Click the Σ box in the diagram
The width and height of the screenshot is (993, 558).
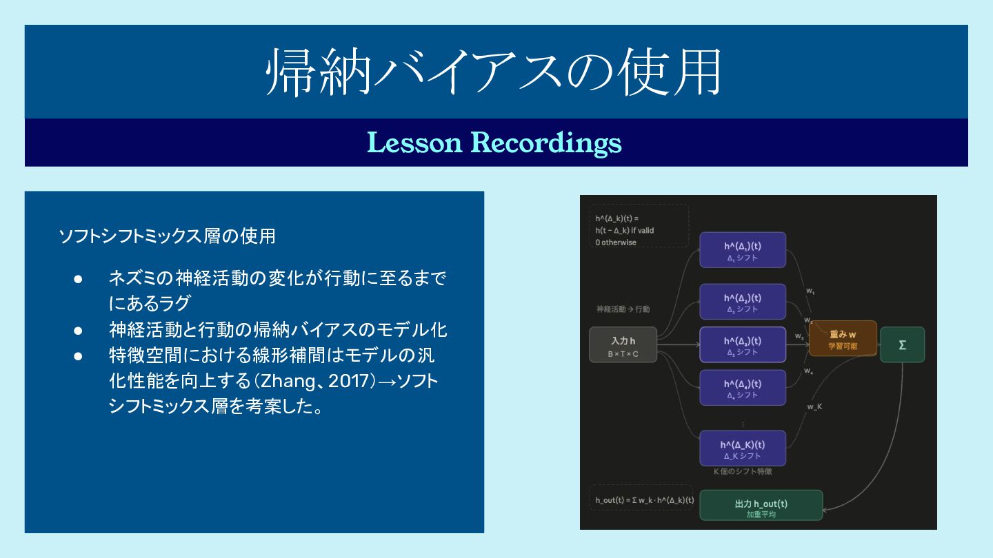coord(902,344)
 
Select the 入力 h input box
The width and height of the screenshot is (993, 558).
coord(623,344)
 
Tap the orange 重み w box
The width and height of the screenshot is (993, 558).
coord(843,338)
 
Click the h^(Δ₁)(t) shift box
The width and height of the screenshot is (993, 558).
coord(742,249)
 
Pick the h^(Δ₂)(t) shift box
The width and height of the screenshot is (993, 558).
coord(742,302)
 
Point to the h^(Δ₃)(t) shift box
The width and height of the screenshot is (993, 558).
coord(742,344)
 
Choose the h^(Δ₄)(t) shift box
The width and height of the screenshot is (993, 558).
coord(742,388)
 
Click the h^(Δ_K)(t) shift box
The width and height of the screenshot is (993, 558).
coord(742,448)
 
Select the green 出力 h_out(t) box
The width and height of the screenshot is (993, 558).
coord(761,505)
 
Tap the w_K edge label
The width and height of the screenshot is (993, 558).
coord(814,406)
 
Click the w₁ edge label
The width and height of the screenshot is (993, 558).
coord(810,291)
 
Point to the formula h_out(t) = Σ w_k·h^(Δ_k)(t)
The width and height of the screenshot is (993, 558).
coord(645,499)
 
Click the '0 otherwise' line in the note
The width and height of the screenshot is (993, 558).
coord(616,242)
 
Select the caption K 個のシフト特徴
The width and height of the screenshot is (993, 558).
coord(742,472)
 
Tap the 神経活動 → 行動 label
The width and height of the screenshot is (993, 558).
coord(623,309)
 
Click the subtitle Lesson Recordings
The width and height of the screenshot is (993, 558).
coord(494,143)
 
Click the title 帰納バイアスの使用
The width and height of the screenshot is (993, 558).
coord(494,72)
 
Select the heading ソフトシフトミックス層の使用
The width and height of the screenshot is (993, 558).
coord(168,236)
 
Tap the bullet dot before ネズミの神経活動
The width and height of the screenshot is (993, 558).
coord(78,279)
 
